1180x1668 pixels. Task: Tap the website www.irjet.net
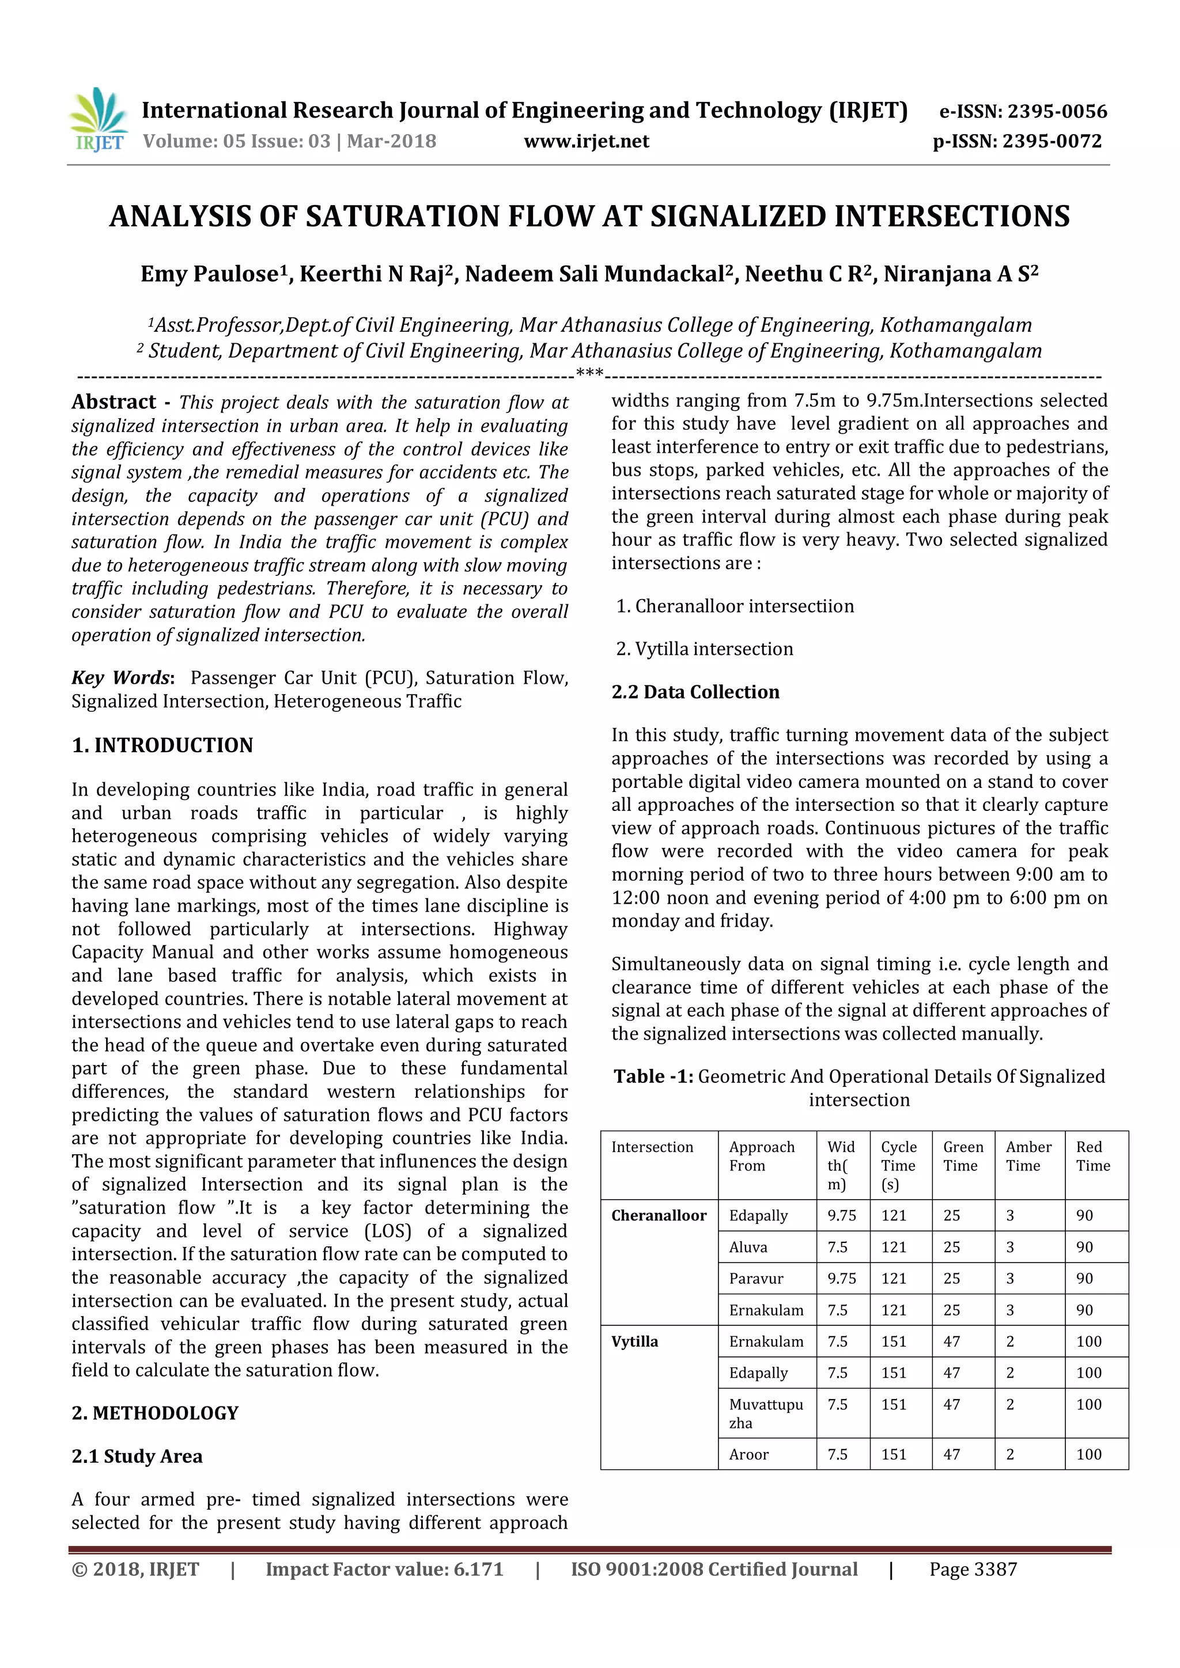tap(587, 141)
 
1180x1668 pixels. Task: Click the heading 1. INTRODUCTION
tap(162, 745)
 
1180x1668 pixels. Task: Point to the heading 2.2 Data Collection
tap(695, 692)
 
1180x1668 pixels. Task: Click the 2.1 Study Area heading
tap(137, 1456)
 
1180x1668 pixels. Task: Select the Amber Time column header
tap(1028, 1156)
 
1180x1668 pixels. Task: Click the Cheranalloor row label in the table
tap(659, 1215)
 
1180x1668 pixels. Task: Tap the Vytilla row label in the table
tap(634, 1341)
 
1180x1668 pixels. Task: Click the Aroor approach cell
tap(748, 1454)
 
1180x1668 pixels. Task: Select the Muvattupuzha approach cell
tap(765, 1413)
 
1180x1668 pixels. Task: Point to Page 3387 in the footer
tap(973, 1569)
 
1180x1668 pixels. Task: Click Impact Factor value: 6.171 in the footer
tap(384, 1569)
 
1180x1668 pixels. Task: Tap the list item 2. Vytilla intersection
tap(704, 649)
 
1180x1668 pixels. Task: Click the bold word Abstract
tap(114, 402)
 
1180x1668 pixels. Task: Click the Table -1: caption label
tap(652, 1076)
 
